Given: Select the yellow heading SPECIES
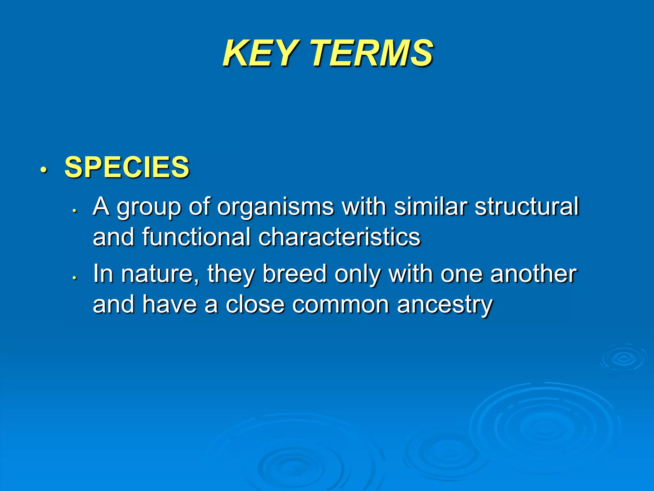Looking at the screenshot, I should pos(127,167).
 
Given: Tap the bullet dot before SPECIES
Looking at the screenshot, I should pos(43,169).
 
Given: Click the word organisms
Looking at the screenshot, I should pos(275,207).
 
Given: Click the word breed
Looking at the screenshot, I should pos(294,274).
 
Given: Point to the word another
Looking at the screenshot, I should pos(533,274).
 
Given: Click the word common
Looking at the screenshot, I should pos(340,305).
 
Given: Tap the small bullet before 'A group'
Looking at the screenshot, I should pos(74,211).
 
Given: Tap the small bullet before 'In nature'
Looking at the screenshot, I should pos(74,278).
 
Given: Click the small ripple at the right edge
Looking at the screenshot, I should pos(623,358).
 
